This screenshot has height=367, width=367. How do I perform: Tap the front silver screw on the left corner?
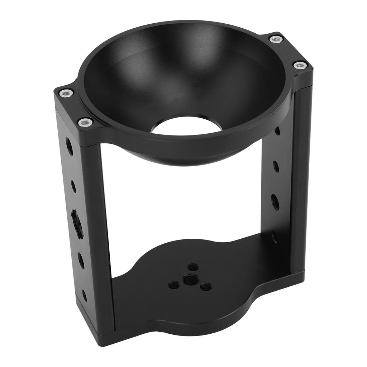(x=85, y=122)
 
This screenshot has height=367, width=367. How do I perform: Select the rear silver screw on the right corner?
(x=276, y=39)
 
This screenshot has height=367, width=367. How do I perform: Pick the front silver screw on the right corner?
(x=300, y=65)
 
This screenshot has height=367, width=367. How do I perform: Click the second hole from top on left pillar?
(x=73, y=186)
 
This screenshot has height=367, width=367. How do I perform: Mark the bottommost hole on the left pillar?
(x=85, y=295)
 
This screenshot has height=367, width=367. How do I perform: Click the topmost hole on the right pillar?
(x=277, y=130)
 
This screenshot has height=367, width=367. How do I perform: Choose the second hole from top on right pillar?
(x=276, y=166)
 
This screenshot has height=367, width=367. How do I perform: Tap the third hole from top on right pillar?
(x=275, y=202)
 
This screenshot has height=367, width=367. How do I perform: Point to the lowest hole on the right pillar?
(x=274, y=237)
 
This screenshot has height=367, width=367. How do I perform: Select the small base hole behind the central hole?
(x=193, y=267)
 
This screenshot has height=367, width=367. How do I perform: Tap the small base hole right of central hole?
(x=206, y=286)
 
